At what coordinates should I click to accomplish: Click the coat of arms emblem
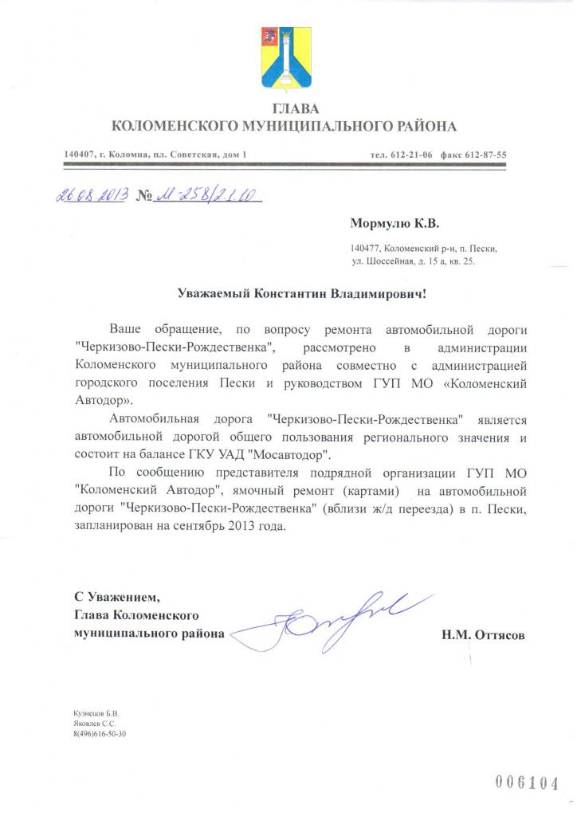(285, 59)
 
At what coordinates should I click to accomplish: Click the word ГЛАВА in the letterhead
(285, 108)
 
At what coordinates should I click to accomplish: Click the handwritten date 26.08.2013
(90, 195)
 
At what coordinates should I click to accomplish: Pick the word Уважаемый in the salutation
(213, 293)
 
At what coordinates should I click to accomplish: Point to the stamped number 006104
(528, 782)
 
